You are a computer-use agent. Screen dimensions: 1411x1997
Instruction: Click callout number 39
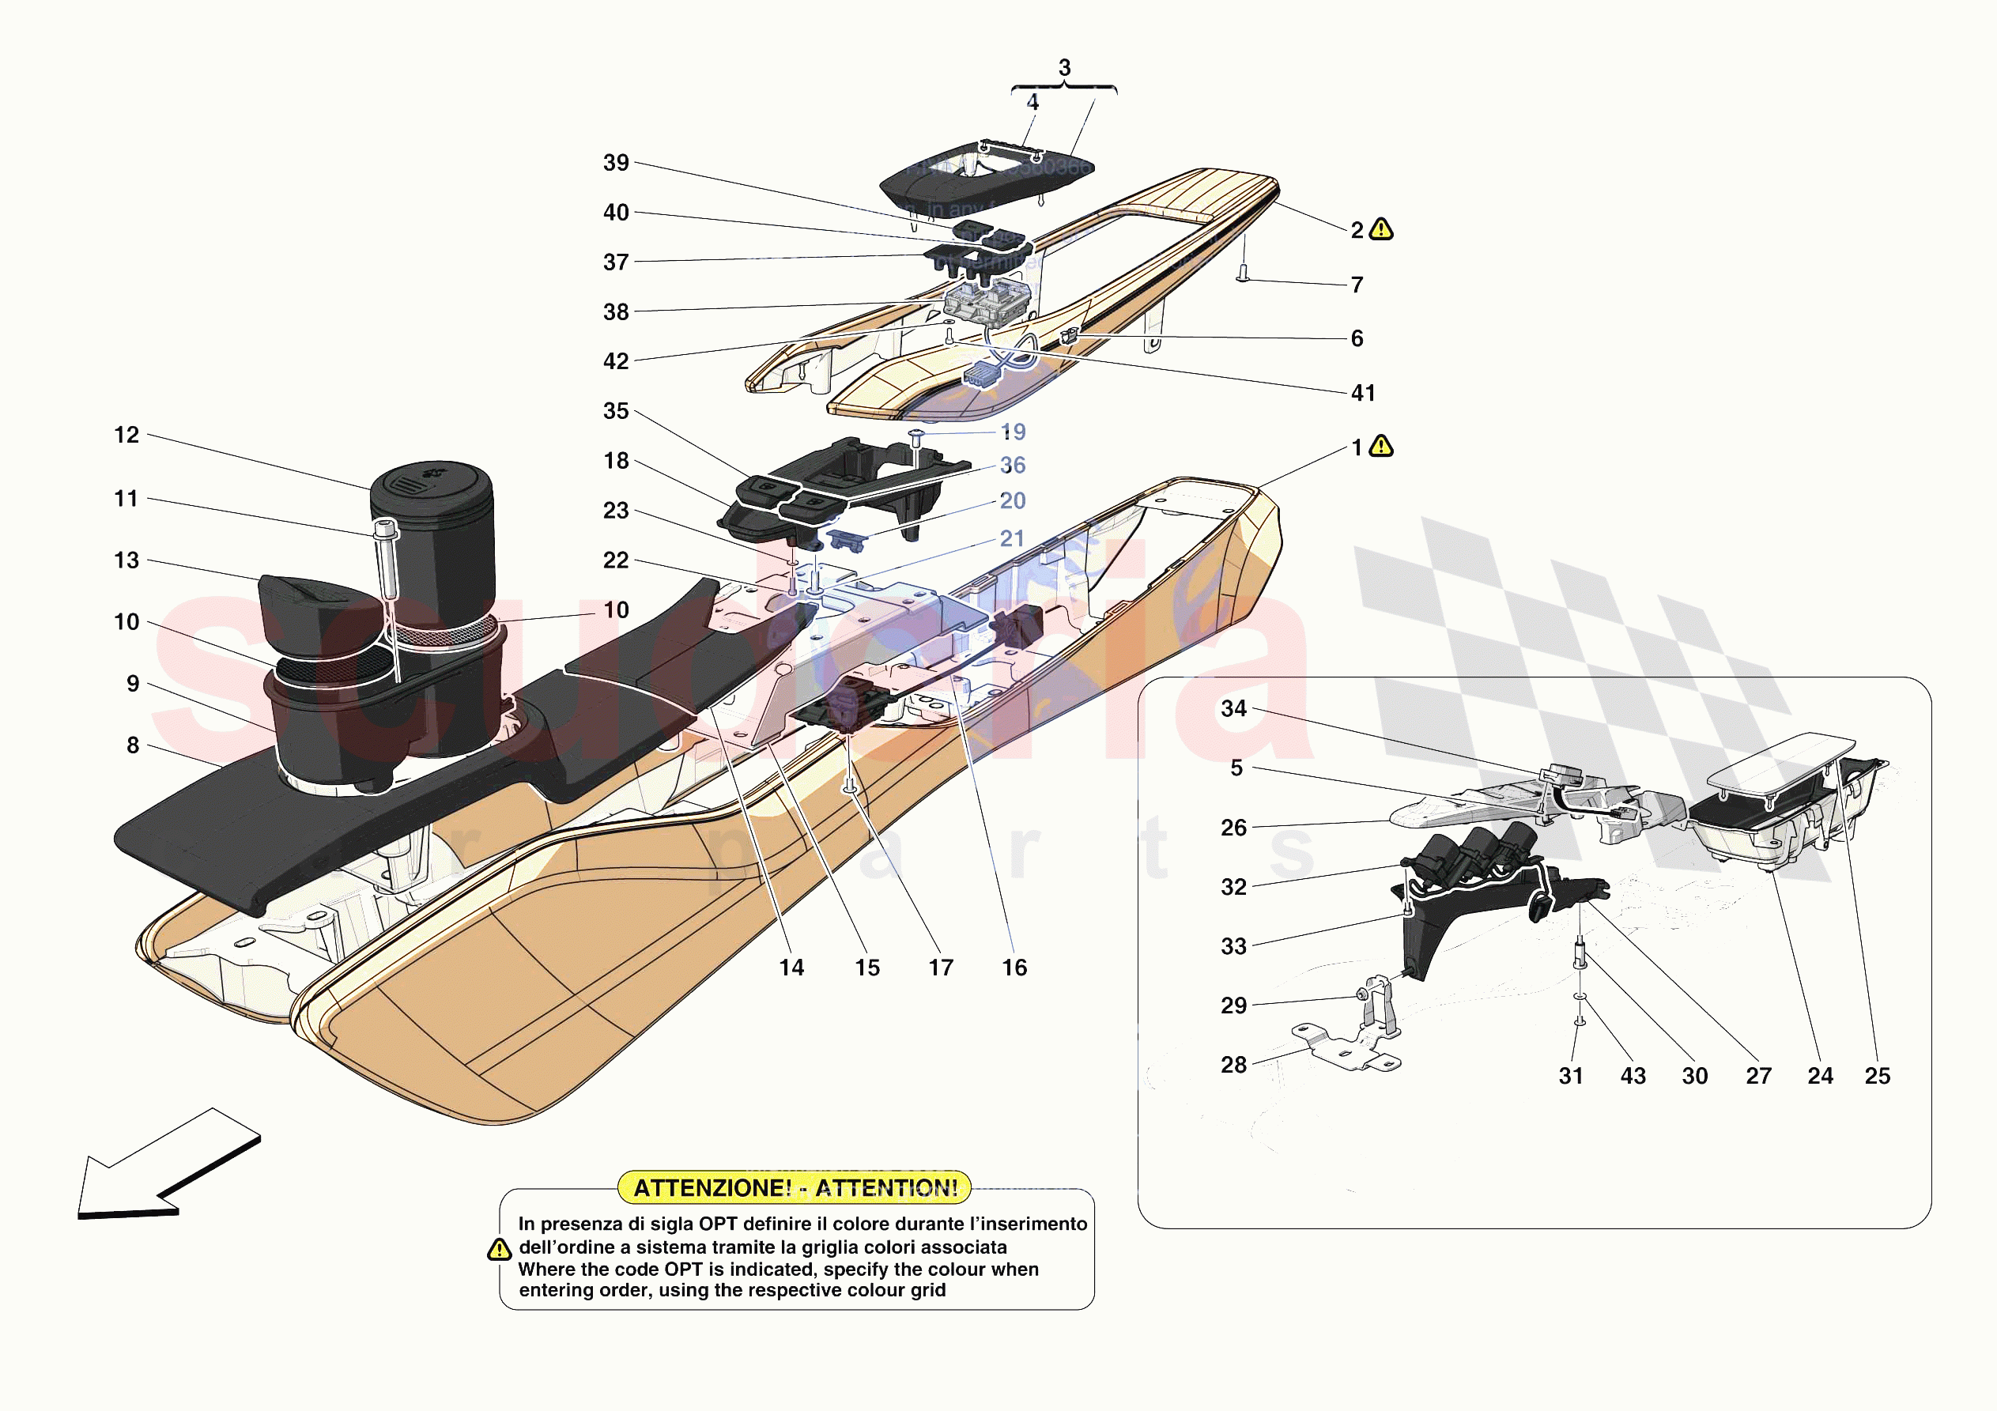click(616, 163)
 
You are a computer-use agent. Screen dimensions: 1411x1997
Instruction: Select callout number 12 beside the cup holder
click(126, 435)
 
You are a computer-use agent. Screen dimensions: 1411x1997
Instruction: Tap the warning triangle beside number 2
click(1381, 230)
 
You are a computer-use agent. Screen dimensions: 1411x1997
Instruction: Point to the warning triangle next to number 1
click(1381, 447)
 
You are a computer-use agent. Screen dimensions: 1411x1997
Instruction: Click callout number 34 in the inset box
click(1233, 709)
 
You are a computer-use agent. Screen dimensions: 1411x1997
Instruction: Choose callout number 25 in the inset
click(1877, 1076)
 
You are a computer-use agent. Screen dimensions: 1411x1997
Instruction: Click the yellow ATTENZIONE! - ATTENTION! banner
click(794, 1187)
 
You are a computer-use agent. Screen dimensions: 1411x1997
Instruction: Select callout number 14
click(791, 968)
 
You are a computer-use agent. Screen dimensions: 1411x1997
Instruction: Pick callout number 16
click(1014, 968)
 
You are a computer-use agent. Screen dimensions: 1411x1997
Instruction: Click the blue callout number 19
click(1014, 432)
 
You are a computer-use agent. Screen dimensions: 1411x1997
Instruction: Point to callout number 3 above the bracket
click(1065, 68)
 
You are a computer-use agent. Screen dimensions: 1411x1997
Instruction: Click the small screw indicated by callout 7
click(1243, 274)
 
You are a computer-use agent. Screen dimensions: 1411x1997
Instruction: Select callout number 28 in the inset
click(1233, 1065)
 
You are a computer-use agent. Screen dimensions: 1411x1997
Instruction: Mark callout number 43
click(1633, 1076)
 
